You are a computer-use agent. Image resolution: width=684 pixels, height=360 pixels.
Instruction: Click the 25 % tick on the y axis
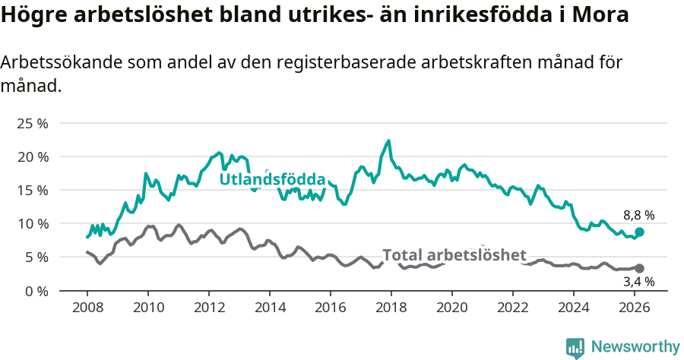pyautogui.click(x=32, y=123)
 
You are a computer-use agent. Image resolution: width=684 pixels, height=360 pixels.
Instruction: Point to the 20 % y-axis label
pyautogui.click(x=32, y=156)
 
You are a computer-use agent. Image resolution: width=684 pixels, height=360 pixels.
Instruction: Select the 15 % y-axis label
pyautogui.click(x=32, y=190)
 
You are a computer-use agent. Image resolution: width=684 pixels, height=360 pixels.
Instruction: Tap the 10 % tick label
pyautogui.click(x=32, y=223)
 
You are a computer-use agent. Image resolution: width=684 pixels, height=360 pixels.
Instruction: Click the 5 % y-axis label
pyautogui.click(x=35, y=257)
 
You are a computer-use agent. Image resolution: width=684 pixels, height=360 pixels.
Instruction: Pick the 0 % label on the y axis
pyautogui.click(x=35, y=290)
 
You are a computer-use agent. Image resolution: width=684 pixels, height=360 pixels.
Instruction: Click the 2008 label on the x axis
pyautogui.click(x=87, y=308)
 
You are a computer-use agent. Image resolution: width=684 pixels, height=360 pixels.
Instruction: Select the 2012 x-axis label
pyautogui.click(x=208, y=308)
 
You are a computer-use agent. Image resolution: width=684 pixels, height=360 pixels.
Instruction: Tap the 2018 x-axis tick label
pyautogui.click(x=391, y=308)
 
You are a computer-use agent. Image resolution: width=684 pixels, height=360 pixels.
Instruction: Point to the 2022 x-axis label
pyautogui.click(x=513, y=308)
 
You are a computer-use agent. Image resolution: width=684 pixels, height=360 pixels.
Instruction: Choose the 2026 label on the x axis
pyautogui.click(x=635, y=308)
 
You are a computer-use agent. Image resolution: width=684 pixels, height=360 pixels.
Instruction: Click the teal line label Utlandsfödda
pyautogui.click(x=272, y=180)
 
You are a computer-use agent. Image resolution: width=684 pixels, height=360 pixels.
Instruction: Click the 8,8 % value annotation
pyautogui.click(x=638, y=215)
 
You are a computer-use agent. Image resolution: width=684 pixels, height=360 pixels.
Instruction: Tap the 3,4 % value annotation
pyautogui.click(x=638, y=282)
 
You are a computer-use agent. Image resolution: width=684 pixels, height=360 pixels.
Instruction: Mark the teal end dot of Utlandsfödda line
pyautogui.click(x=639, y=232)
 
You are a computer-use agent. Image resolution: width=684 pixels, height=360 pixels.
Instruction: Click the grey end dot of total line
pyautogui.click(x=639, y=268)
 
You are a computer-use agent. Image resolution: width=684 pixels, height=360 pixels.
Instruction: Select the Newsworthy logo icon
pyautogui.click(x=575, y=347)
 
